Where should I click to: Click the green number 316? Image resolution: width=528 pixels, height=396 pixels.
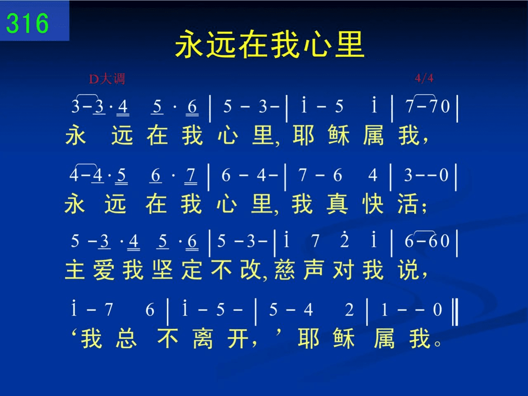pyautogui.click(x=27, y=23)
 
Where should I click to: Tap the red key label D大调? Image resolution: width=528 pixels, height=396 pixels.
pyautogui.click(x=107, y=79)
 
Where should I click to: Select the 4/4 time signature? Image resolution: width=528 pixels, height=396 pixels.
pyautogui.click(x=424, y=78)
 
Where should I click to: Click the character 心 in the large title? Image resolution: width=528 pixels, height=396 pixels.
pyautogui.click(x=316, y=45)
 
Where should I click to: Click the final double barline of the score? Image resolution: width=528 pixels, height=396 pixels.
pyautogui.click(x=455, y=312)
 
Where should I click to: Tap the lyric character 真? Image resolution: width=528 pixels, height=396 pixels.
pyautogui.click(x=337, y=204)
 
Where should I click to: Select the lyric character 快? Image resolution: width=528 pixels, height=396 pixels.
pyautogui.click(x=372, y=204)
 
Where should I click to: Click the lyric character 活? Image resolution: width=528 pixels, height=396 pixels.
pyautogui.click(x=408, y=204)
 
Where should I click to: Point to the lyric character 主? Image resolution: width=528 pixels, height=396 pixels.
pyautogui.click(x=75, y=270)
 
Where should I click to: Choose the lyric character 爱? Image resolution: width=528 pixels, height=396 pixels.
pyautogui.click(x=104, y=270)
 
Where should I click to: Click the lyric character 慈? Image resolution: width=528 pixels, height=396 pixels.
pyautogui.click(x=285, y=270)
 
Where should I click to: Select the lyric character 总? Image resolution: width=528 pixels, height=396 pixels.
pyautogui.click(x=126, y=338)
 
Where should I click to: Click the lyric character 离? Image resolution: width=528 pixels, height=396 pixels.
pyautogui.click(x=203, y=338)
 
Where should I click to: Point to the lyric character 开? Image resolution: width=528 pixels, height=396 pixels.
pyautogui.click(x=238, y=338)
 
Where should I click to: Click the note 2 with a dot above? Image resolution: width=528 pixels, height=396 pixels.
pyautogui.click(x=344, y=239)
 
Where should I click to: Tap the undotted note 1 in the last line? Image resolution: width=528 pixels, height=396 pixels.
pyautogui.click(x=384, y=309)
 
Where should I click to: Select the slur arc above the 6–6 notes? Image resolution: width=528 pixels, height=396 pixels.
pyautogui.click(x=424, y=232)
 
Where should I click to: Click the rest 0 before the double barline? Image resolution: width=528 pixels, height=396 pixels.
pyautogui.click(x=437, y=309)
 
